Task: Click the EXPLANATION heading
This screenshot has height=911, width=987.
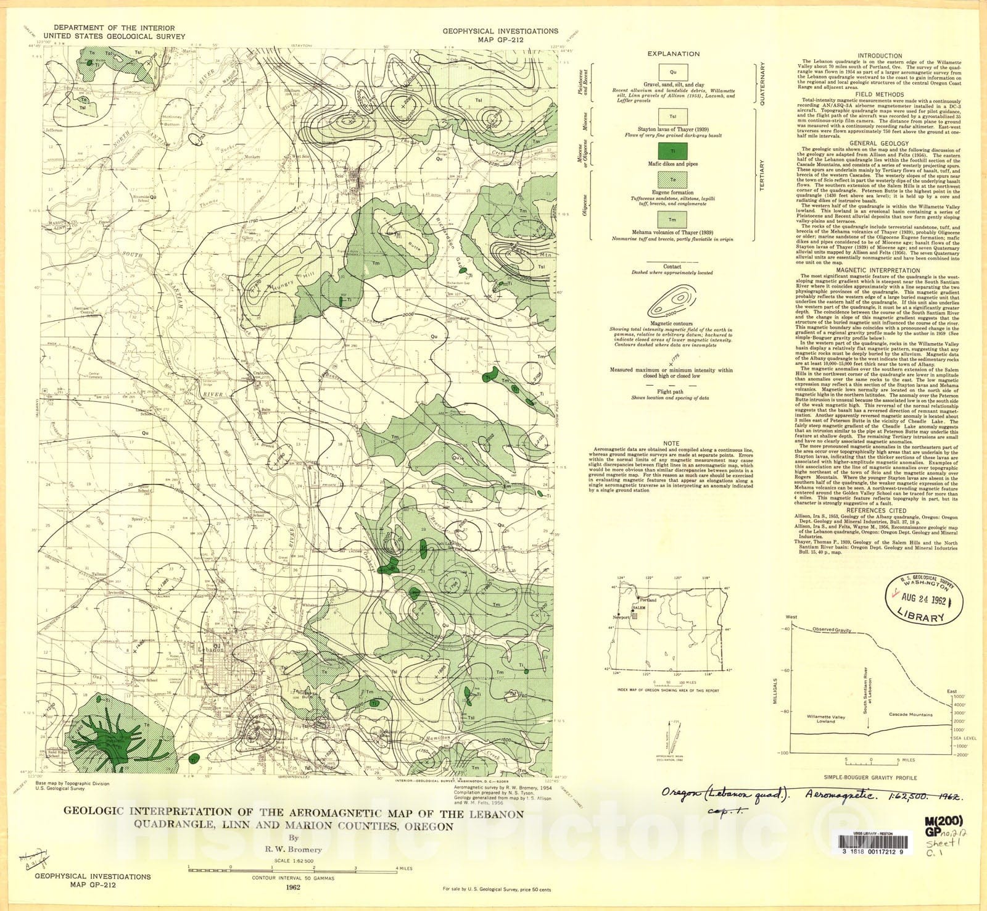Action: (x=673, y=54)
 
